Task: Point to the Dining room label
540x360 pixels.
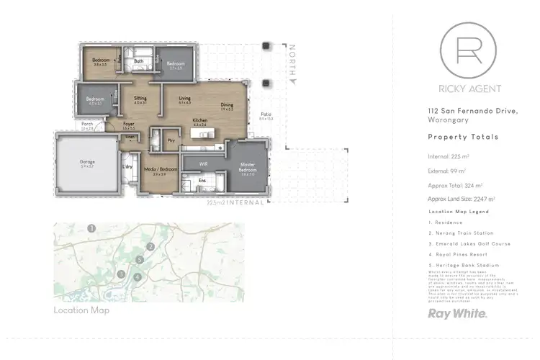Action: tap(227, 106)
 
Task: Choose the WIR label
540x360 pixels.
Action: tap(204, 163)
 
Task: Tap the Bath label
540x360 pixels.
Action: tap(138, 62)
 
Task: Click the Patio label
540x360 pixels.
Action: tap(266, 115)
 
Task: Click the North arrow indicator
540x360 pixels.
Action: tap(292, 65)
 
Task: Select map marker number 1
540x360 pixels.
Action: tap(91, 228)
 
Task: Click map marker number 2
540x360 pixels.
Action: tap(150, 247)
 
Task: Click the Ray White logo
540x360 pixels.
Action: tap(458, 314)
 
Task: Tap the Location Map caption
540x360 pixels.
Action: tap(81, 310)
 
